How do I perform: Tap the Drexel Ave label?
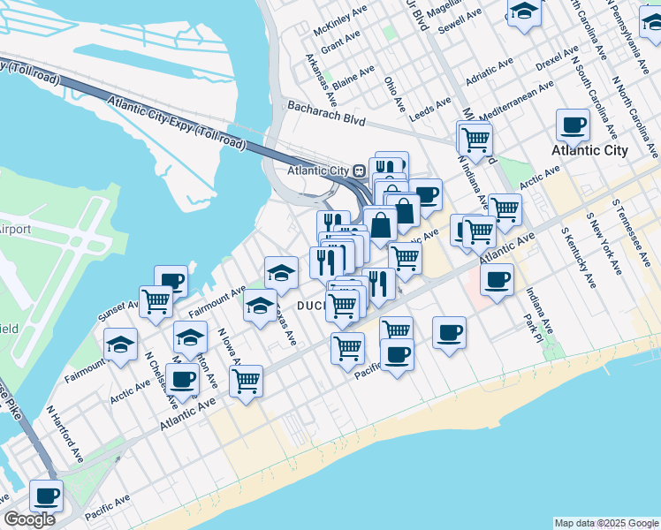pos(557,59)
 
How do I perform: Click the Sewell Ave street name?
pos(460,19)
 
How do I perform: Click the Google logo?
pos(29,519)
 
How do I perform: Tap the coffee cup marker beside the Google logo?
pos(46,495)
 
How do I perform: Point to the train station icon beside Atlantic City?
pos(360,170)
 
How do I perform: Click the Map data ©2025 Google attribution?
pos(606,523)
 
